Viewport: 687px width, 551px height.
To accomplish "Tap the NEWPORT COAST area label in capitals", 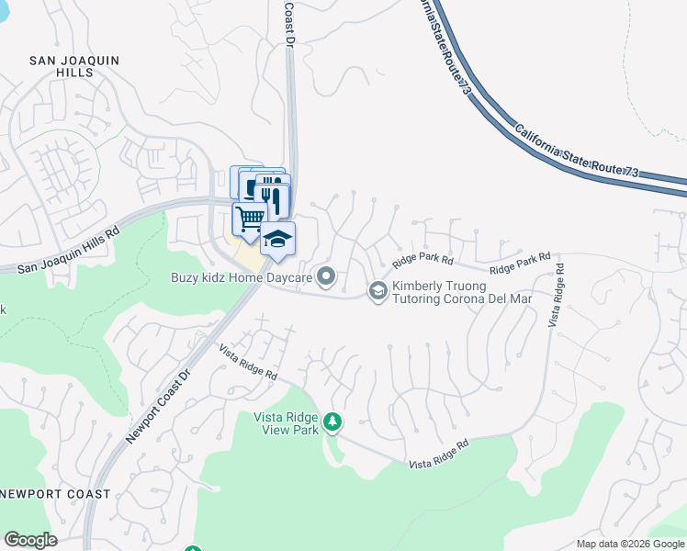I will pyautogui.click(x=55, y=494).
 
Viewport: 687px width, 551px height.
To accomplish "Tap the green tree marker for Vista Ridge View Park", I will pyautogui.click(x=332, y=422).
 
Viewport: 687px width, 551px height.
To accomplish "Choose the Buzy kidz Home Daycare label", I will pyautogui.click(x=241, y=275).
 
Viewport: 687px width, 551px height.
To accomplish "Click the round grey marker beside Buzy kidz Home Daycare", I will pyautogui.click(x=326, y=275).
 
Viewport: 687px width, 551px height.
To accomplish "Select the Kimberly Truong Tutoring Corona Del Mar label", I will pyautogui.click(x=462, y=292).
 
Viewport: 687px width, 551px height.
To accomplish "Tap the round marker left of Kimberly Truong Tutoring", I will pyautogui.click(x=377, y=291).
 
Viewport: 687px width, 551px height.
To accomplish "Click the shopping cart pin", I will pyautogui.click(x=248, y=219).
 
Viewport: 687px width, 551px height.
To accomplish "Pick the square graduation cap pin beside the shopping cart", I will pyautogui.click(x=277, y=240).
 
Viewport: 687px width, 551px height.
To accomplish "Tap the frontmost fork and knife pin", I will pyautogui.click(x=275, y=197).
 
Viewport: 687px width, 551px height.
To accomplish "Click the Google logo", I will pyautogui.click(x=30, y=540).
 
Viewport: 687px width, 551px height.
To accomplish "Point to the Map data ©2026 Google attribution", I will pyautogui.click(x=630, y=544).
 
